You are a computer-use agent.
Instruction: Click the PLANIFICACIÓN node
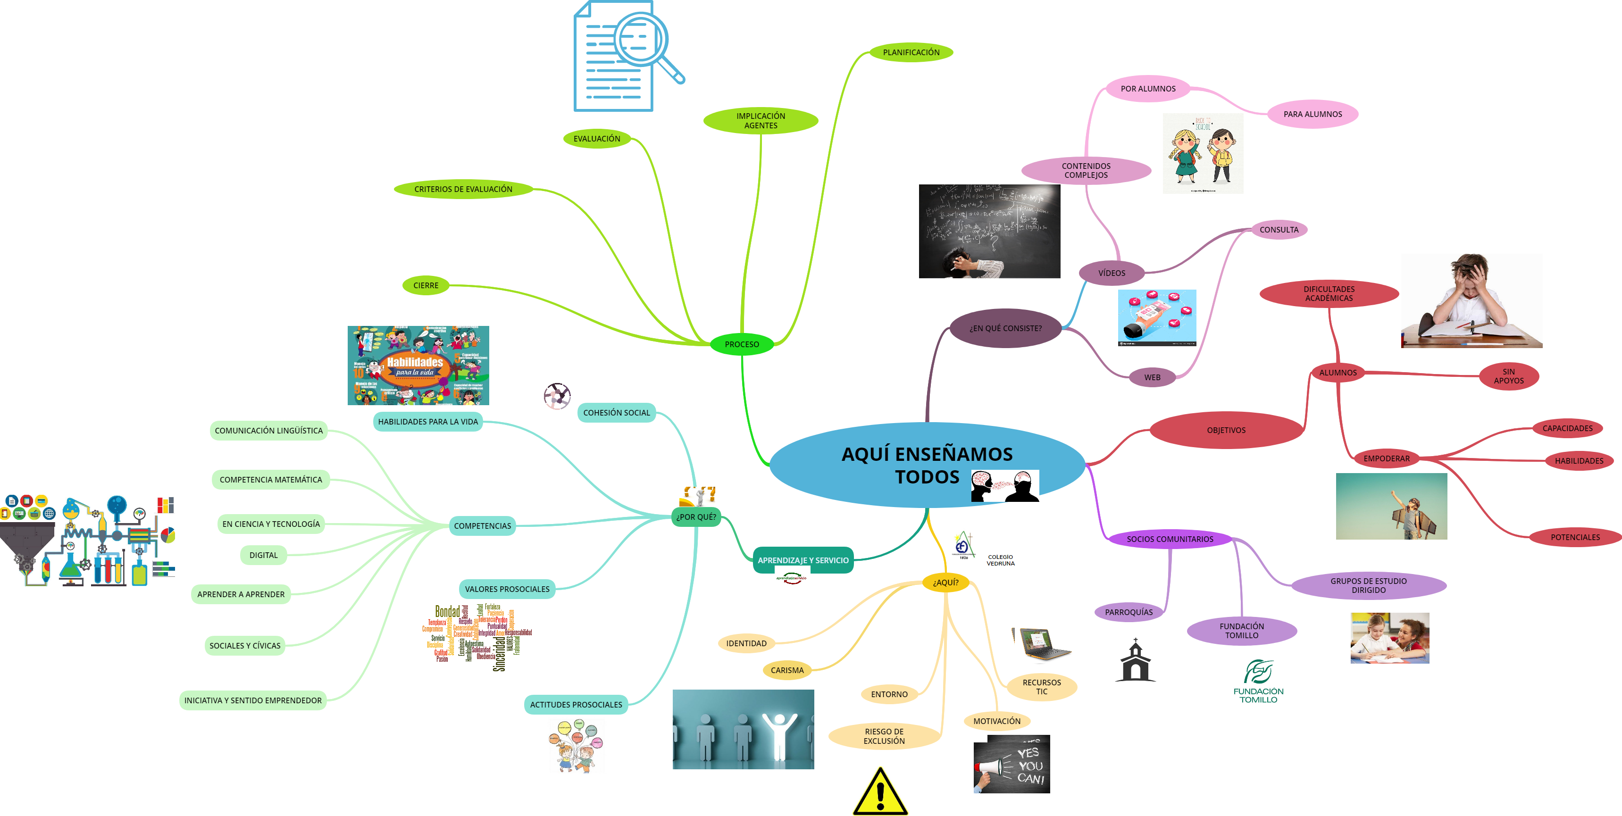(x=911, y=52)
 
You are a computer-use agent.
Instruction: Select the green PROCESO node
(x=741, y=344)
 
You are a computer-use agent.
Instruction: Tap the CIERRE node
(x=426, y=285)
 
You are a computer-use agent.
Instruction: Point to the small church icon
(x=1135, y=661)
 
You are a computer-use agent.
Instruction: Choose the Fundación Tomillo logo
(x=1258, y=681)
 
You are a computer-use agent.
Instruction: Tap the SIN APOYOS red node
(x=1509, y=376)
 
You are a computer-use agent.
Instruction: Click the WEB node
(x=1152, y=378)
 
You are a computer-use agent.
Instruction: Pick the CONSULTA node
(x=1279, y=230)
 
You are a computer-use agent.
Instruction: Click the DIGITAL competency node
(x=263, y=555)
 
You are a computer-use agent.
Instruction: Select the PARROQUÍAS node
(x=1129, y=612)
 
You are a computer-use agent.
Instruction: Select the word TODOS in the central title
(x=927, y=477)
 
